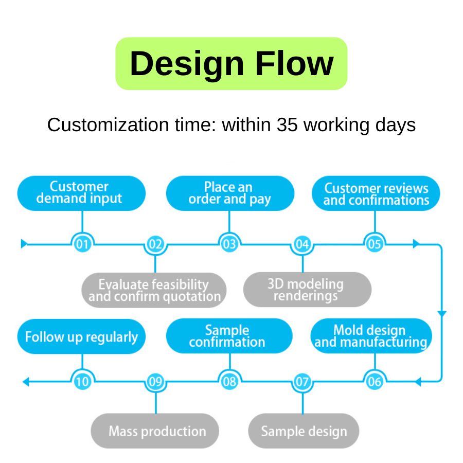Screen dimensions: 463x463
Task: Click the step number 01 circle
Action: (82, 244)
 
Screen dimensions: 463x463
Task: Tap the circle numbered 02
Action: (155, 244)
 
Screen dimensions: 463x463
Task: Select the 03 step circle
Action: (229, 244)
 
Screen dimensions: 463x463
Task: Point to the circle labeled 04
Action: (302, 244)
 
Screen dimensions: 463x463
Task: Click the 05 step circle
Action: (375, 244)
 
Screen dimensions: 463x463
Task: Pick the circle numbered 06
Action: (375, 381)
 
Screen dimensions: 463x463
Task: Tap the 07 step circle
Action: (302, 381)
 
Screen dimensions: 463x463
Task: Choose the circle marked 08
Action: (229, 381)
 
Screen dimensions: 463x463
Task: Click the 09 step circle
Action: (155, 381)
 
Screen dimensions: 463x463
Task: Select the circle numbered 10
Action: (82, 381)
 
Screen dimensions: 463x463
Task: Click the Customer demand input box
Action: (81, 193)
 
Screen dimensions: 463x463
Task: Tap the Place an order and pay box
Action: (229, 193)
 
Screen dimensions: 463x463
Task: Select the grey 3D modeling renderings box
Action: (307, 290)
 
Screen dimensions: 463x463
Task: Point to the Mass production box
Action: (155, 431)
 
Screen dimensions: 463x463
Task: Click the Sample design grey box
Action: (304, 431)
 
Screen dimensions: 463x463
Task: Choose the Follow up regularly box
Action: (81, 337)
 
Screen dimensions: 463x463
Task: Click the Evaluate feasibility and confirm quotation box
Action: (154, 290)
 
